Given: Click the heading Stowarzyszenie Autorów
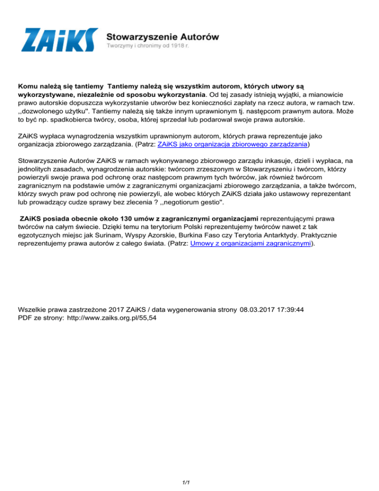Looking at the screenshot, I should point(163,36).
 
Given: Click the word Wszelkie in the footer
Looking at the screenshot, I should point(33,310).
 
